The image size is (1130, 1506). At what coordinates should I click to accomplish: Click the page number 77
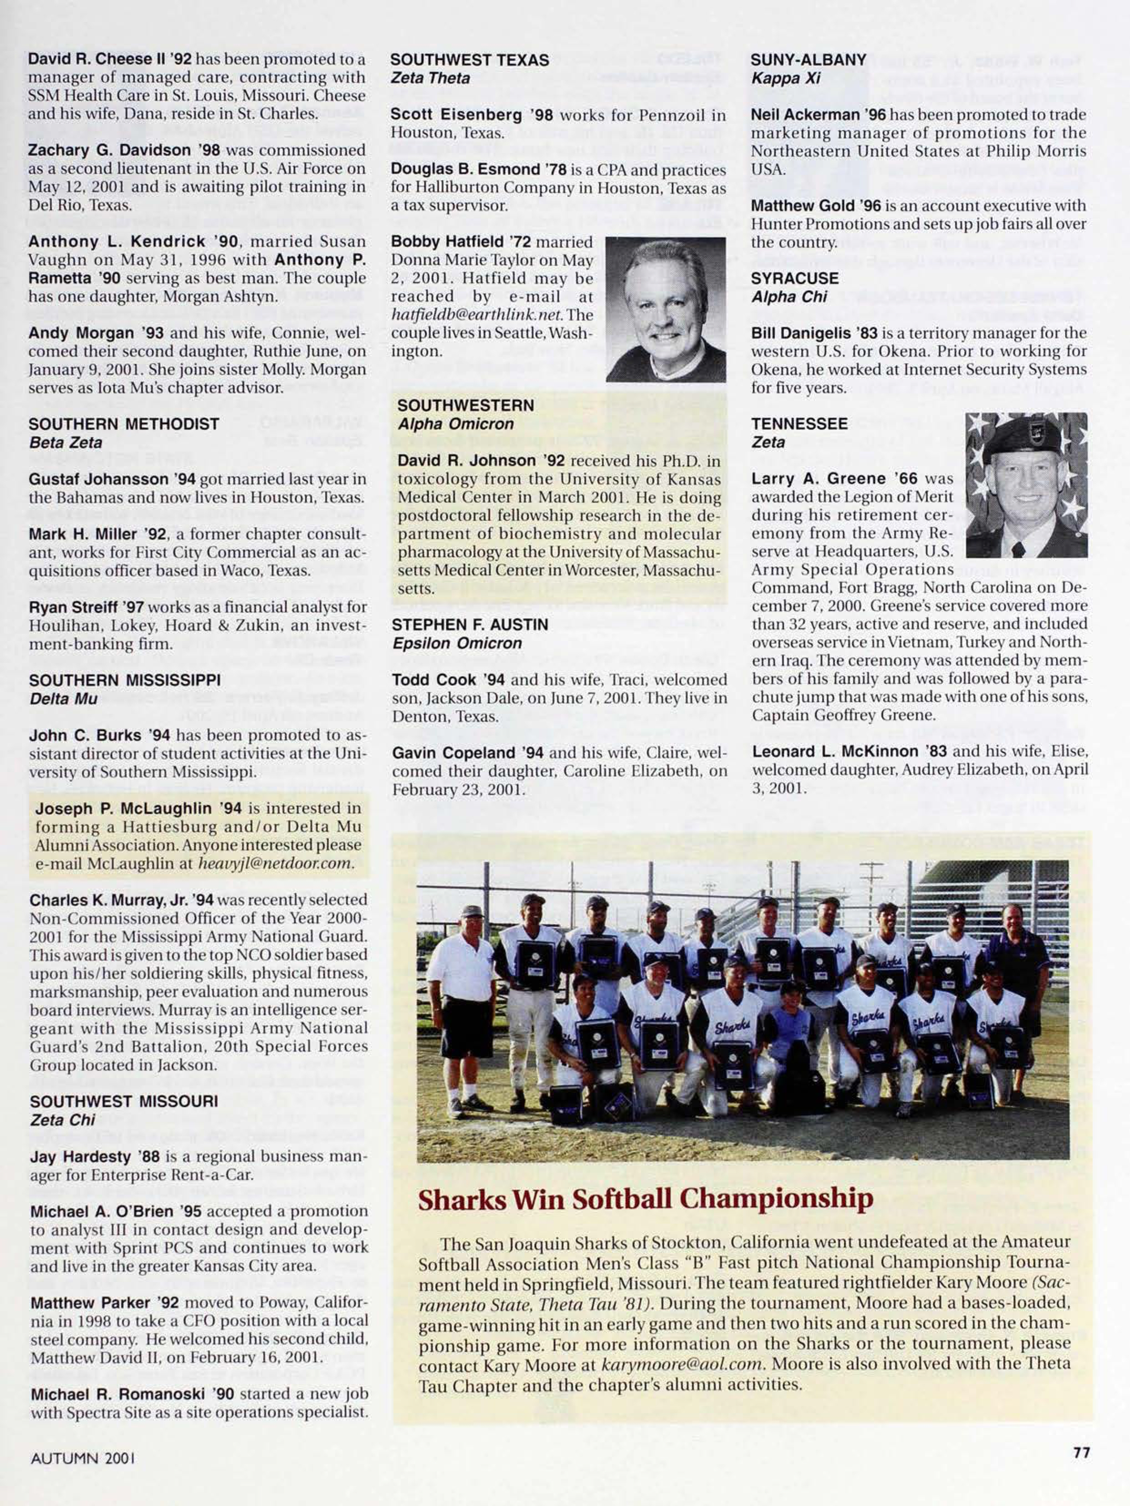[1082, 1452]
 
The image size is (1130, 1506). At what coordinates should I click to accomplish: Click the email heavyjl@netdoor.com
[275, 863]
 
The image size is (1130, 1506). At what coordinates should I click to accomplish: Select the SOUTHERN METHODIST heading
[123, 423]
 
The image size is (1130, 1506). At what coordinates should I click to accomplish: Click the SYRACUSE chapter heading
[795, 279]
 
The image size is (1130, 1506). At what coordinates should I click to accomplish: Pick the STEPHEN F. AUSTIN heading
[469, 624]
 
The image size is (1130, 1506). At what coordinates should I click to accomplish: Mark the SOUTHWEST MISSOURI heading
[123, 1101]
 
